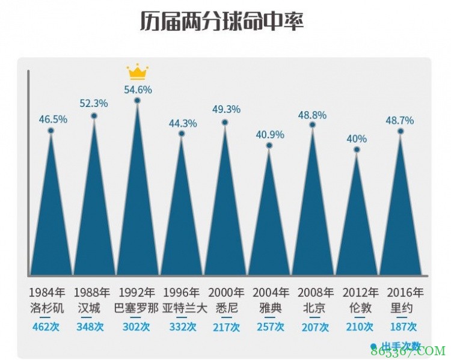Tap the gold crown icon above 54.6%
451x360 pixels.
click(x=137, y=73)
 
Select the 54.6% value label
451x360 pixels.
click(x=138, y=90)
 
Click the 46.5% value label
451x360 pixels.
click(x=53, y=119)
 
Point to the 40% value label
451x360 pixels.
click(x=357, y=139)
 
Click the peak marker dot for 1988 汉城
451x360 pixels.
click(x=94, y=116)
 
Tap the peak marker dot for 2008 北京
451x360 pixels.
click(x=313, y=125)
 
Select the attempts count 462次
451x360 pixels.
click(x=47, y=327)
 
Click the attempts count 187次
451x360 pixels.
click(x=402, y=327)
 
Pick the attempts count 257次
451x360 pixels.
click(x=270, y=327)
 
